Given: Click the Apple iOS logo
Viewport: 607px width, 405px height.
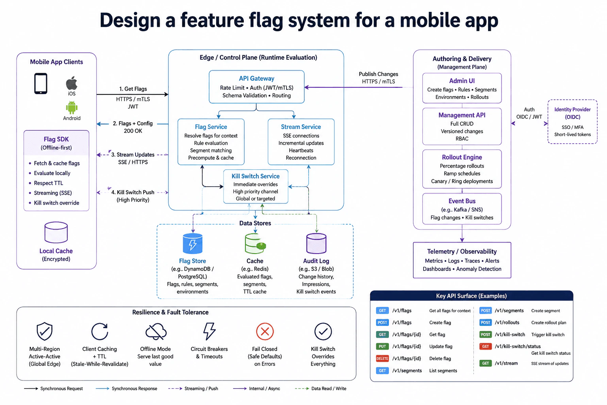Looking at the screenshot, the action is click(x=72, y=83).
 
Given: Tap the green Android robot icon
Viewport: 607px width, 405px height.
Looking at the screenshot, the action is click(x=72, y=108).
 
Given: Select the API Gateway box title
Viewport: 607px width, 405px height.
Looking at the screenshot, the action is click(x=256, y=78).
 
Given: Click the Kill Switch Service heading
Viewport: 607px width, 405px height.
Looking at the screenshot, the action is click(x=256, y=176).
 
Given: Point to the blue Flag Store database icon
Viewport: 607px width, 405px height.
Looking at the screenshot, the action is click(x=193, y=243).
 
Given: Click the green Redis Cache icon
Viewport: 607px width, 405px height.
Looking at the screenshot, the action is click(x=255, y=244).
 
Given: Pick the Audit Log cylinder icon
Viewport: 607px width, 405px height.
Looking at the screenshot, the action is click(x=316, y=243).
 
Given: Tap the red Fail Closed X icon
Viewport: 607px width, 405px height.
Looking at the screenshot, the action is click(x=265, y=331).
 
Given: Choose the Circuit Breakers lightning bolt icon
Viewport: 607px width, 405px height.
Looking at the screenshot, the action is click(x=209, y=331).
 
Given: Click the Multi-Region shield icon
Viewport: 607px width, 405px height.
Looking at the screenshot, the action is click(x=44, y=331).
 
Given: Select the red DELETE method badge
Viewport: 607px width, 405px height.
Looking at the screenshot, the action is click(x=383, y=358).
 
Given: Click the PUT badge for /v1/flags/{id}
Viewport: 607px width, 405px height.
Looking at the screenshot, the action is click(x=383, y=346).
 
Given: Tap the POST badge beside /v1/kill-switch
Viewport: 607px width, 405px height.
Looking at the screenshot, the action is click(x=485, y=335).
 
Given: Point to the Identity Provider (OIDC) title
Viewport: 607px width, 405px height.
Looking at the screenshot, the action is click(x=572, y=113).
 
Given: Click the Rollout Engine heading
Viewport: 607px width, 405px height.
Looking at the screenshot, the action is click(x=462, y=157).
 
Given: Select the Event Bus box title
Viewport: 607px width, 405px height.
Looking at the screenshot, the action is click(x=462, y=201).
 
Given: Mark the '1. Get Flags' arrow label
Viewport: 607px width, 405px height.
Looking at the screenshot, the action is click(x=133, y=89).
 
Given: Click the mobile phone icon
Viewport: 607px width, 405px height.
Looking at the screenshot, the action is click(x=41, y=83).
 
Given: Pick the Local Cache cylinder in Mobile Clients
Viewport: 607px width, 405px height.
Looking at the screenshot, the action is click(x=56, y=232).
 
